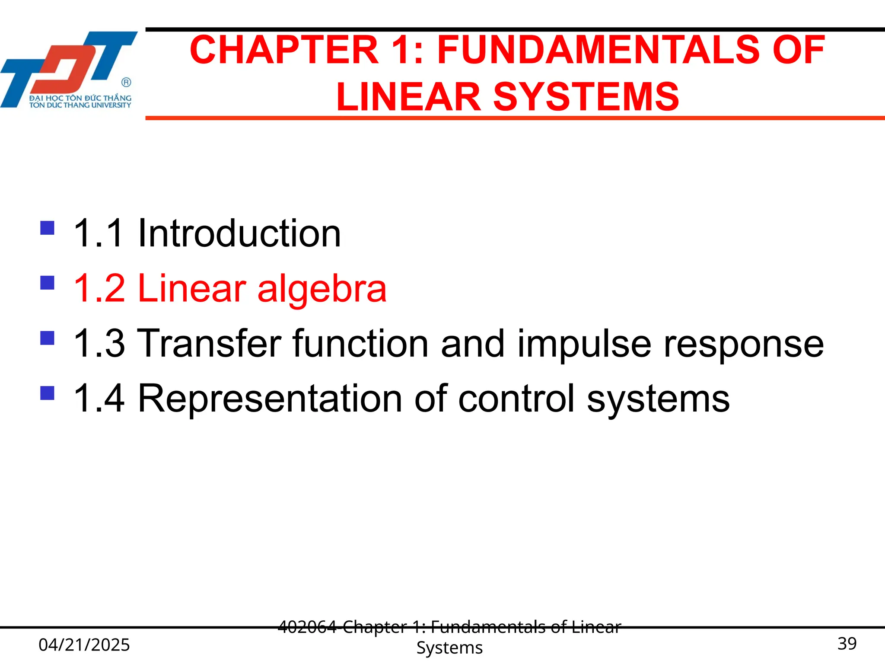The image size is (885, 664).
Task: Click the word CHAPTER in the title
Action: coord(284,50)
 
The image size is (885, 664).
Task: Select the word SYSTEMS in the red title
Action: coord(586,97)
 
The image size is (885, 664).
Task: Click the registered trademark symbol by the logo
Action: coord(126,82)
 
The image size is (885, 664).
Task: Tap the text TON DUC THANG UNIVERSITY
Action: coord(80,105)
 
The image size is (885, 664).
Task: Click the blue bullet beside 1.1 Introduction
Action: coord(47,228)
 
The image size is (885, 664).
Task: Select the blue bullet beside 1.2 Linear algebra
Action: coord(47,283)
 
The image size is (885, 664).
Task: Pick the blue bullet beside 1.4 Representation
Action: coord(47,393)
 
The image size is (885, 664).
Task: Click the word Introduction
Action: coord(239,233)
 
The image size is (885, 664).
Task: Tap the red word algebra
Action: coord(322,289)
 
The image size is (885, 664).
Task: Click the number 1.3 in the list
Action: coord(99,344)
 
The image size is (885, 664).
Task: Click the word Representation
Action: coord(270,399)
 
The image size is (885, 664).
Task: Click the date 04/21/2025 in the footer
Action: coord(84,645)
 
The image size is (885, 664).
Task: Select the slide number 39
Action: coord(847,644)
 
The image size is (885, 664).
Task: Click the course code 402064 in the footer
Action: coord(307,626)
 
